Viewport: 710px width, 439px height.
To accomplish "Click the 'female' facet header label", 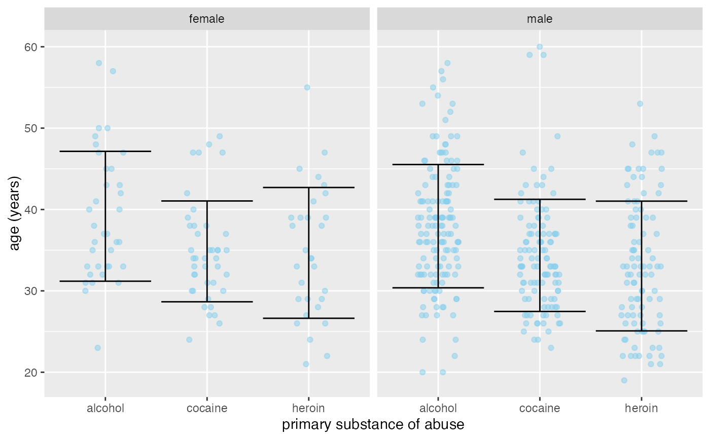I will pos(206,19).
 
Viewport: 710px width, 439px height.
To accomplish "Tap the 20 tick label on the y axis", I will pos(32,373).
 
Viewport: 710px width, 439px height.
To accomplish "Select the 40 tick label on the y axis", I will pos(32,210).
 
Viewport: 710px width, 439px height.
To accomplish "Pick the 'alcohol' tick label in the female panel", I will pos(105,409).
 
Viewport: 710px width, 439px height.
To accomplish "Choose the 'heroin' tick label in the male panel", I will pos(642,409).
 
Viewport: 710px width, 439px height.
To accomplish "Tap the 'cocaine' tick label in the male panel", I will pos(540,409).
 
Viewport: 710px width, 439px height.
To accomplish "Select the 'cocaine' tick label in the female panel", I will pos(207,409).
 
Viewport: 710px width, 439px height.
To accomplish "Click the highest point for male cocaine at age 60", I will pos(540,47).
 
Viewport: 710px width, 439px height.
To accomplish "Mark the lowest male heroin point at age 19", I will pos(624,380).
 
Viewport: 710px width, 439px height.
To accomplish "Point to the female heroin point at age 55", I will pos(307,88).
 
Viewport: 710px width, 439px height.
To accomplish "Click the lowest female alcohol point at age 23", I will pos(98,348).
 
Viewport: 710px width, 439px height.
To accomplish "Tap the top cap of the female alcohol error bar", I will pos(105,151).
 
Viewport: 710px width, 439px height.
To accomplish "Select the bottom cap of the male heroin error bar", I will pos(642,331).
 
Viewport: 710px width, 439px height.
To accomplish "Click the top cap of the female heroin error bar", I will pos(309,188).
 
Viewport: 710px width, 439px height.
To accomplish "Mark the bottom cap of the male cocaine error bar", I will pos(540,311).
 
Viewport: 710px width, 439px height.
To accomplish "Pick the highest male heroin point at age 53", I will pos(640,104).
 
